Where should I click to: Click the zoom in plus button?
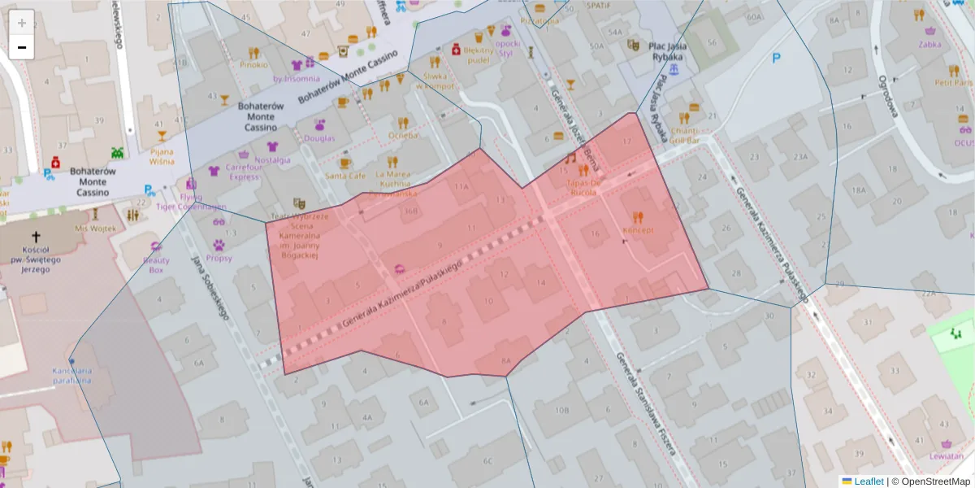22,22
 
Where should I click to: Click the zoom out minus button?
22,47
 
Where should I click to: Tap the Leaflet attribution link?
868,481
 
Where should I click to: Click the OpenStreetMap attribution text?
935,481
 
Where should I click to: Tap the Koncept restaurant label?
638,230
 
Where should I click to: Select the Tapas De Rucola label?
583,188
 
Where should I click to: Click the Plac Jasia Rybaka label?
667,51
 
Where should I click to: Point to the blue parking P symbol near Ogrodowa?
776,58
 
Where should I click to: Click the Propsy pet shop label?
219,258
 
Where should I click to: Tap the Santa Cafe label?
344,175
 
